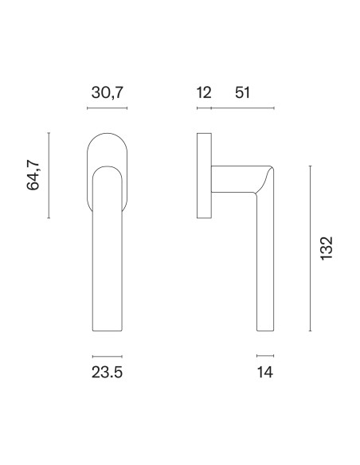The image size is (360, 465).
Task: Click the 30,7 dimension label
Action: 107,92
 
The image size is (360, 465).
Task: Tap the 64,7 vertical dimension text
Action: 33,175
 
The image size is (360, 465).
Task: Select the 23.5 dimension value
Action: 107,372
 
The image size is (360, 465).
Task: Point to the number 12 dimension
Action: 204,92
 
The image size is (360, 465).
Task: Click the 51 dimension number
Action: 243,92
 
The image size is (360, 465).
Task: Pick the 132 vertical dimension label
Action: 327,248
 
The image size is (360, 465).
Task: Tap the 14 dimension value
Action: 264,372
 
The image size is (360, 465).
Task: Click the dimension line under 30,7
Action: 107,108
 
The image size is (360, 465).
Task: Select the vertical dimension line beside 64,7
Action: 49,175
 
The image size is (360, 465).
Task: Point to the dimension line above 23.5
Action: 108,356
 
